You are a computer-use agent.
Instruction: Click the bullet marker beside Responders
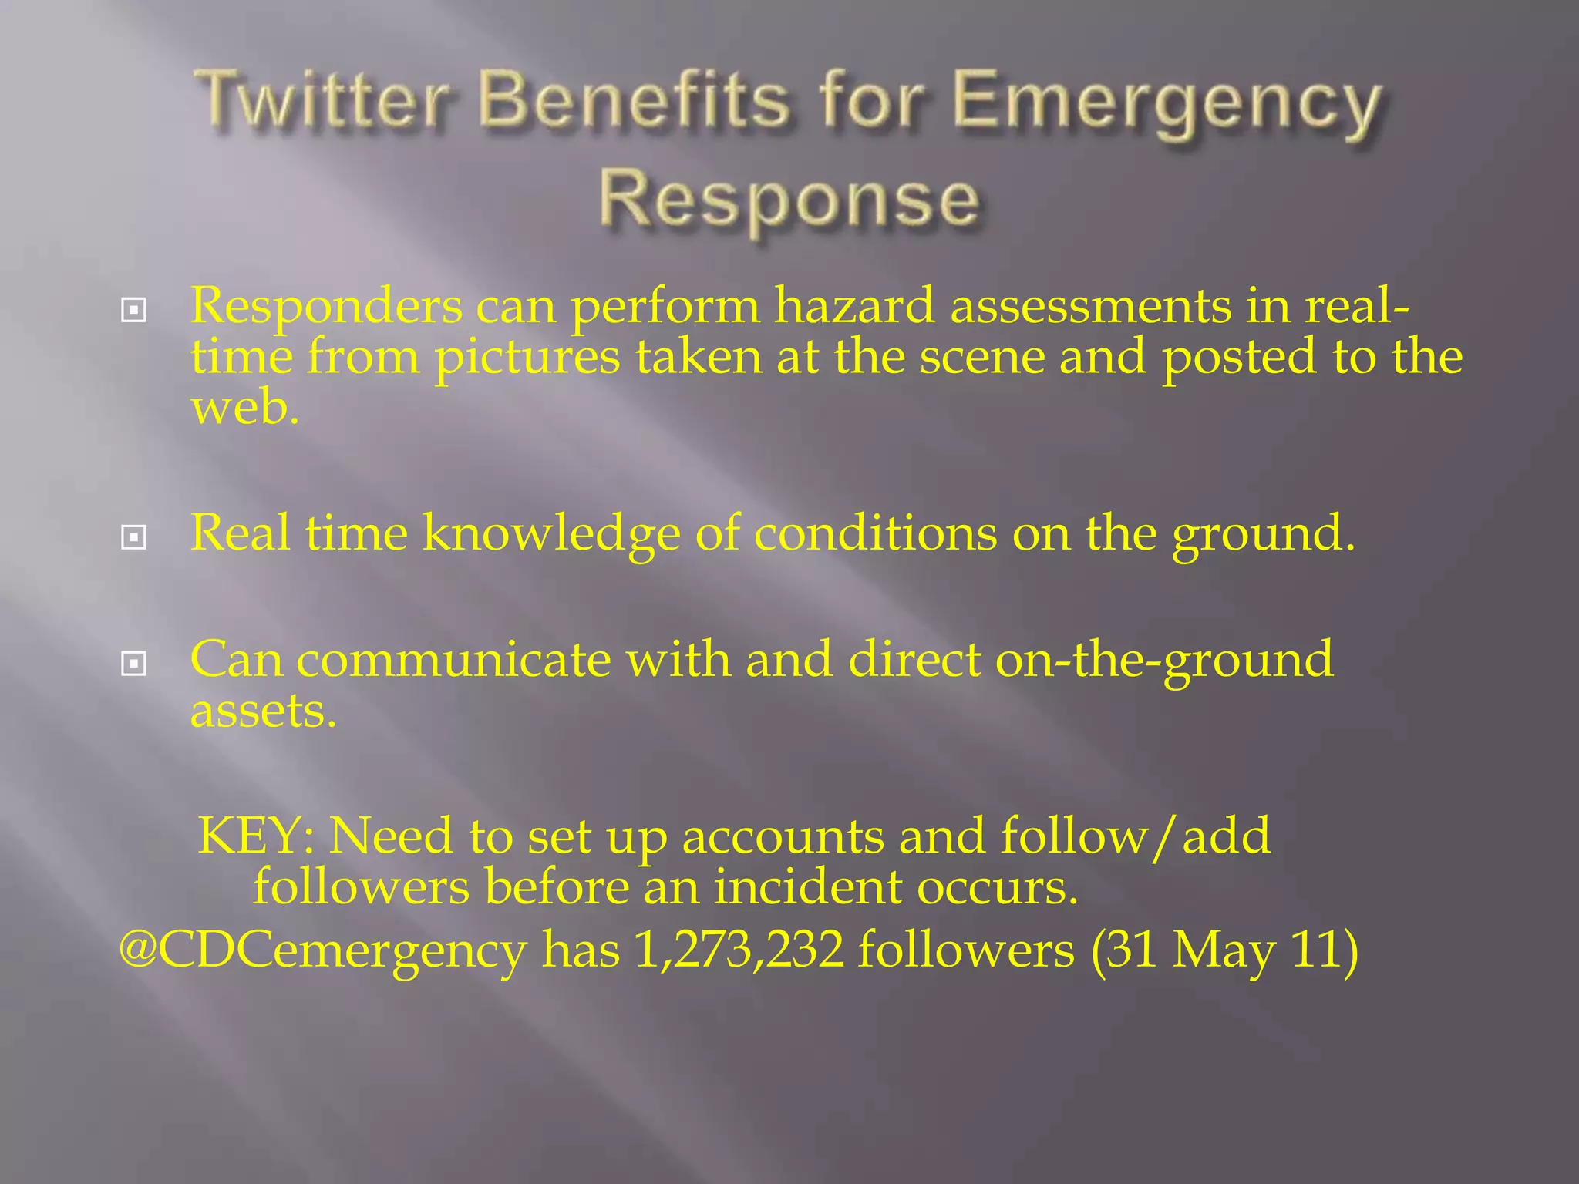click(133, 311)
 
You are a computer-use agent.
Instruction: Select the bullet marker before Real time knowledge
click(133, 537)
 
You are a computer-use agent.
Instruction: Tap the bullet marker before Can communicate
click(133, 664)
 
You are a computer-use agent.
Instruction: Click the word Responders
click(326, 307)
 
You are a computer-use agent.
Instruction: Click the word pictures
click(527, 358)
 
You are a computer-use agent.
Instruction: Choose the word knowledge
click(551, 533)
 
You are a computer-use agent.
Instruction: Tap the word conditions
click(875, 533)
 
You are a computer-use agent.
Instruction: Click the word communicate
click(453, 661)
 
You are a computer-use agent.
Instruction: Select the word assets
click(262, 711)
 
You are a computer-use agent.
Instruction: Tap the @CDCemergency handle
click(322, 950)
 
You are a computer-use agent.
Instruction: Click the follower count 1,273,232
click(739, 950)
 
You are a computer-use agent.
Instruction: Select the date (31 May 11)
click(1224, 950)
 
